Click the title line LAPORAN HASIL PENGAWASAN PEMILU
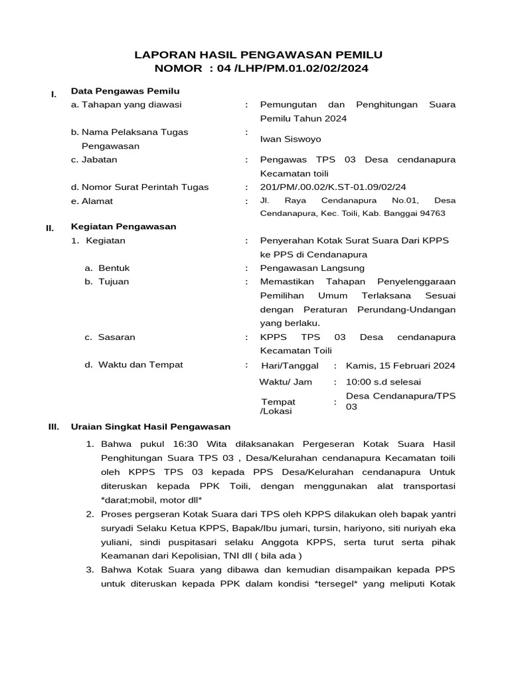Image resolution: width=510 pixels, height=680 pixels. point(259,54)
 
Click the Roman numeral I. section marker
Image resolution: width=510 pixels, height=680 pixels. point(54,94)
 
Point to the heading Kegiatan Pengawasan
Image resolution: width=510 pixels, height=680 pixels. point(124,226)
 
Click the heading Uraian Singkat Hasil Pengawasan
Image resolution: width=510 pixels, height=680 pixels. point(151,427)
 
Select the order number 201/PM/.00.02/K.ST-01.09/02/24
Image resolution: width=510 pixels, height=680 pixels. point(333,187)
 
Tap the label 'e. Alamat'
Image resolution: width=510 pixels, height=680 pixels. point(92,201)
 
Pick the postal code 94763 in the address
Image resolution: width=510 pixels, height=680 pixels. point(432,213)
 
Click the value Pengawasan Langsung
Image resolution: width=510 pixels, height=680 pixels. point(312,268)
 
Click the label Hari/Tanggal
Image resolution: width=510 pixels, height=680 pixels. point(290,366)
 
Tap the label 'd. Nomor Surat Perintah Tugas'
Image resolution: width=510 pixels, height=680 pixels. point(139,187)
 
